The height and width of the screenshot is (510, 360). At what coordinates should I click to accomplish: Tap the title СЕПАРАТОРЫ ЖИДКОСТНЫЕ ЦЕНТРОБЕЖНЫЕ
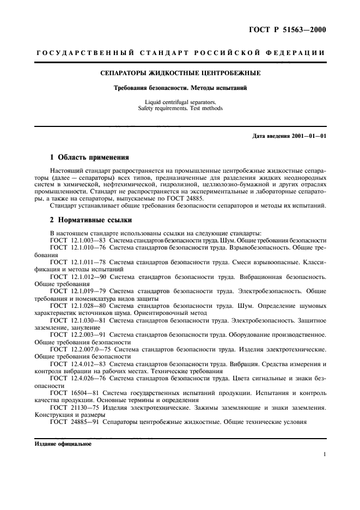point(180,72)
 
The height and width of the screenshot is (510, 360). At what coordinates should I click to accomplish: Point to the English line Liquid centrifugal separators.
point(180,102)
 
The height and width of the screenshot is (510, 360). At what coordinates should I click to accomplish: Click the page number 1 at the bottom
point(324,454)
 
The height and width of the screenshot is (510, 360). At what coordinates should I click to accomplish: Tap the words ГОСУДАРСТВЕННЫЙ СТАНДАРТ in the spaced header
point(111,53)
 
